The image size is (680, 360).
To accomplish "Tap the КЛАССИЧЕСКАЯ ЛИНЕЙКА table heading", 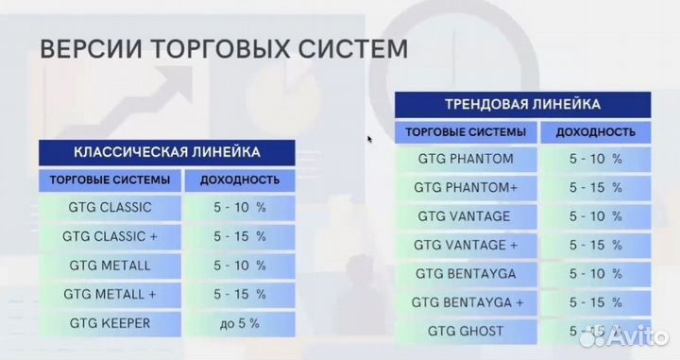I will (166, 151).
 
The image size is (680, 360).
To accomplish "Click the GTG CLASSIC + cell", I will (110, 235).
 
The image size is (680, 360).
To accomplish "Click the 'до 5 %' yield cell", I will (239, 323).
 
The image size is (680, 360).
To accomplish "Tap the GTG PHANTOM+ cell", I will (466, 187).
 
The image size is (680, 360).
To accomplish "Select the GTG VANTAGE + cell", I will (466, 245).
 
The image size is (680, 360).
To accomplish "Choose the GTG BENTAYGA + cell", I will (466, 302).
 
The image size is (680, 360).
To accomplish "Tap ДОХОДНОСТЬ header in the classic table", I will (239, 179).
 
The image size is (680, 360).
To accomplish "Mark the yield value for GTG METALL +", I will (239, 294).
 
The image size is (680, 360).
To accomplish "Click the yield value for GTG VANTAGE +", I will (595, 245).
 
